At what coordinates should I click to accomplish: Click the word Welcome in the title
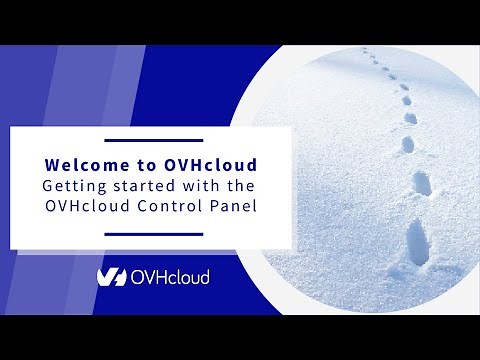click(x=83, y=165)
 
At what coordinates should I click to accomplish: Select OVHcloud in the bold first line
click(x=203, y=165)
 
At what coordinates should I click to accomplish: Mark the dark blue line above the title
click(x=153, y=141)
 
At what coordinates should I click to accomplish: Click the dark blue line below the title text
click(x=153, y=234)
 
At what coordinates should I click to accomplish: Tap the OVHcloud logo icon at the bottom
click(x=111, y=277)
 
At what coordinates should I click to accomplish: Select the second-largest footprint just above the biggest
click(x=421, y=183)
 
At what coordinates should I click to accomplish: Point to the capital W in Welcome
click(x=53, y=165)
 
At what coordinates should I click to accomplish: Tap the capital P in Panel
click(x=213, y=207)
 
